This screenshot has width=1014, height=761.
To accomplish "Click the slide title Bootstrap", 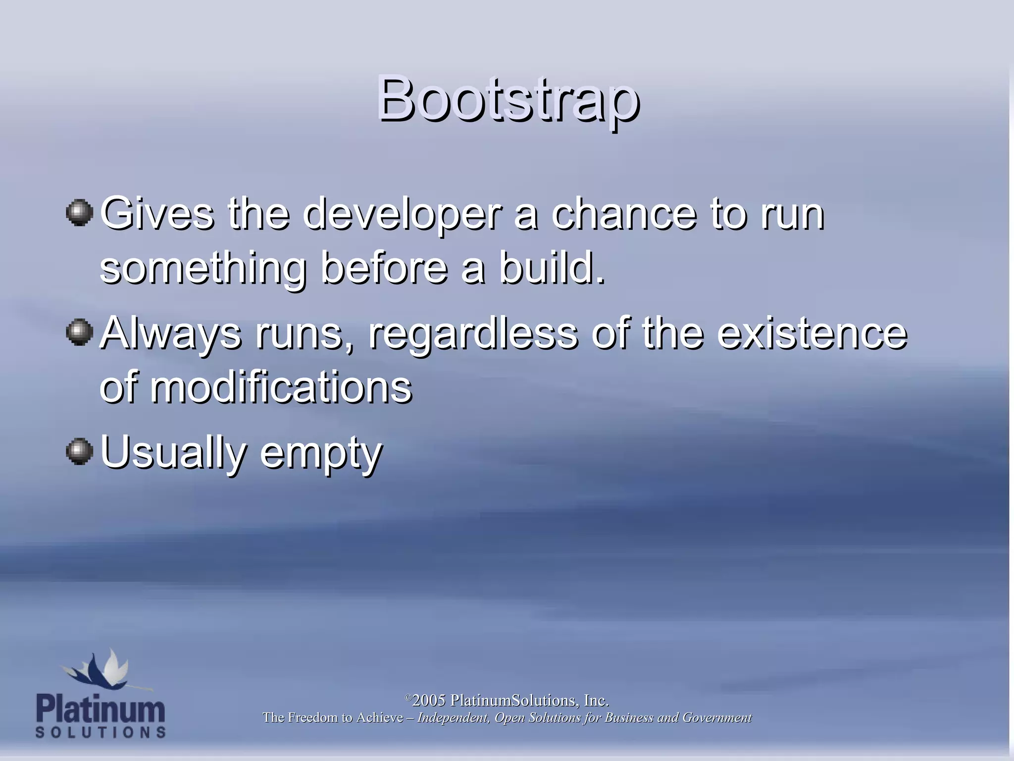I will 507,99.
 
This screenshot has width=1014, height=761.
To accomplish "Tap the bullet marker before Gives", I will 79,213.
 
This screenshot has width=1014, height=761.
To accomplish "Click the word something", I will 203,269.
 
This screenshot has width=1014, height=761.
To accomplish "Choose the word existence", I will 812,333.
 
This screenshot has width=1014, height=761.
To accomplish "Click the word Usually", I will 173,452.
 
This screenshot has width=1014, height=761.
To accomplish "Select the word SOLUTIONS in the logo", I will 101,732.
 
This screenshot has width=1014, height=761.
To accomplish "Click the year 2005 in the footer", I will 429,701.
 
